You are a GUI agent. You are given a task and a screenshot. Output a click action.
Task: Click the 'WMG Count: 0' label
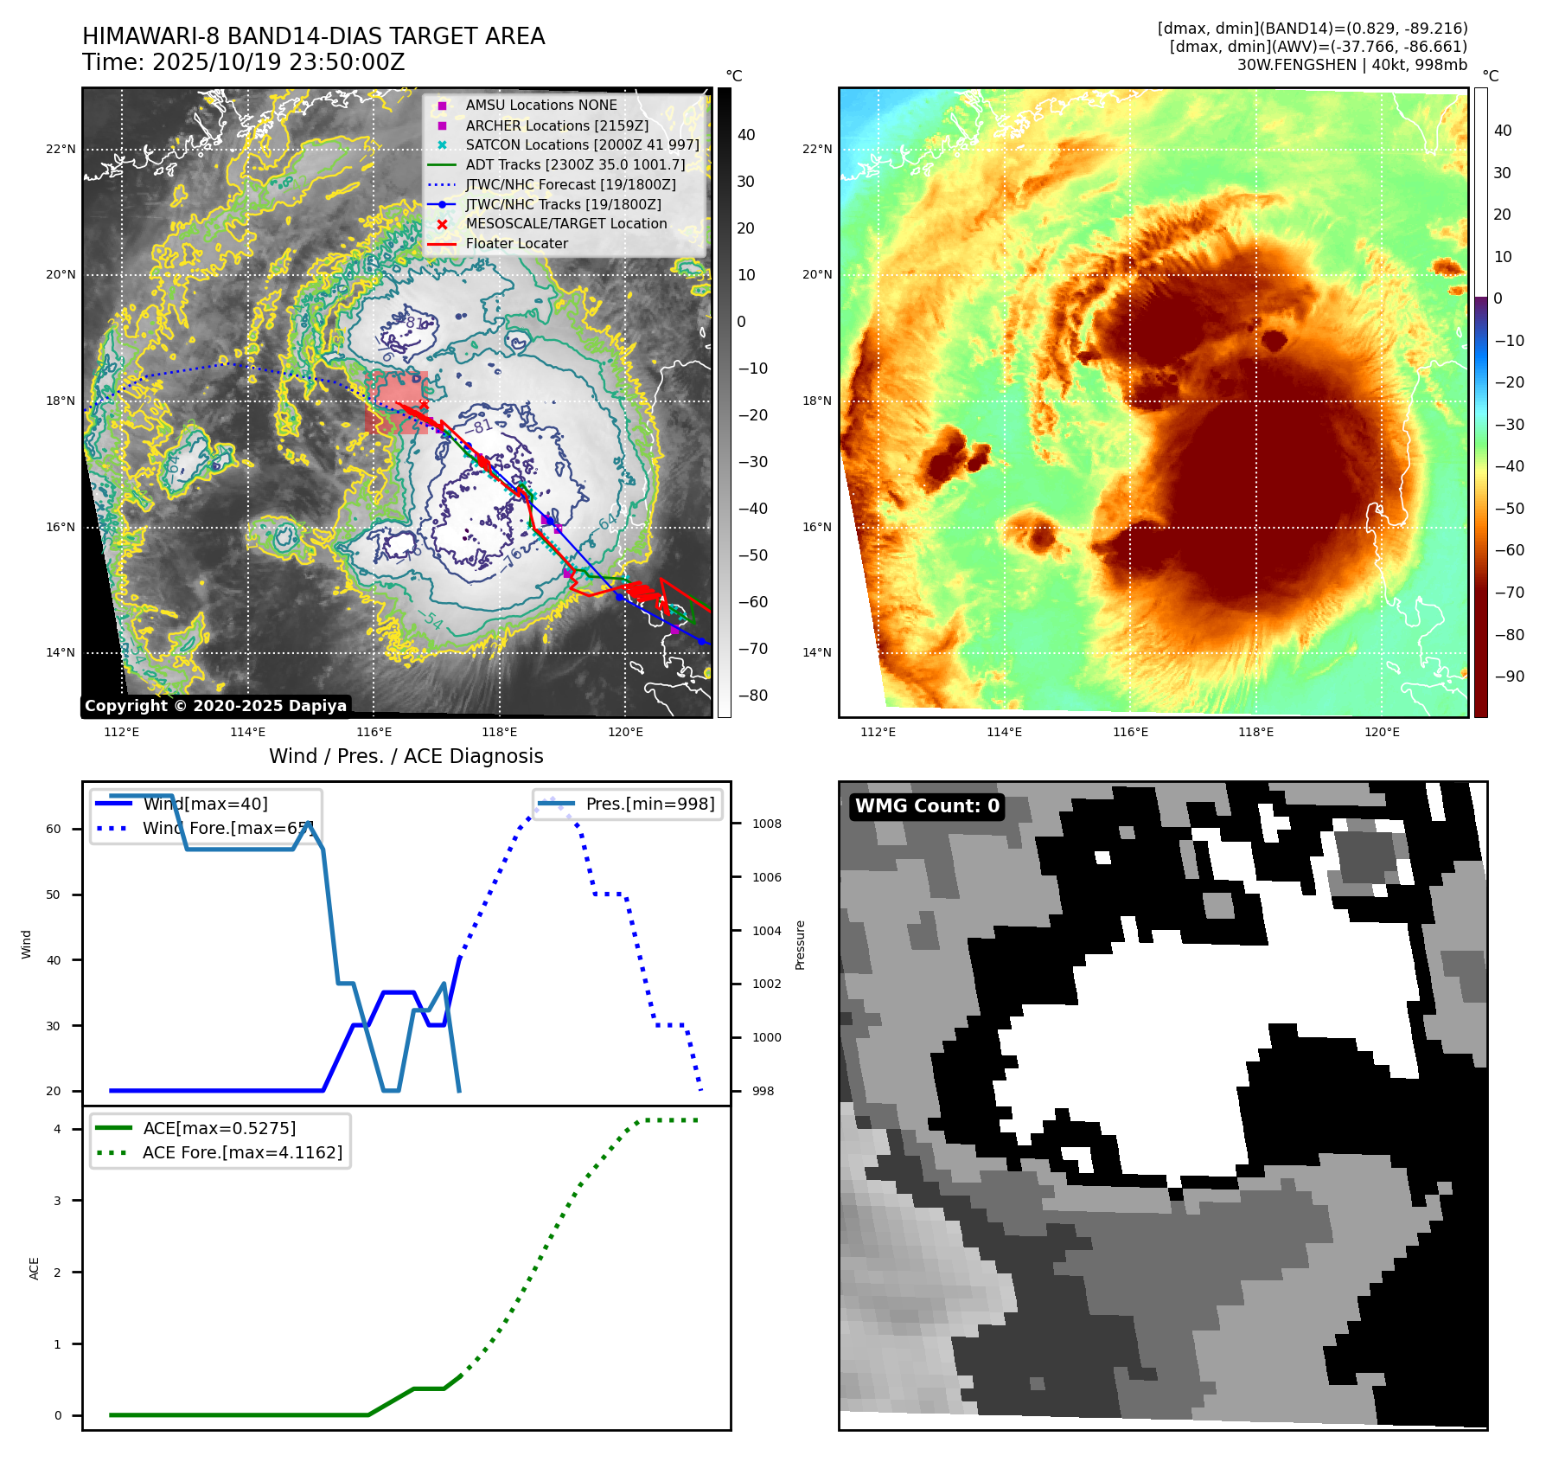pos(926,806)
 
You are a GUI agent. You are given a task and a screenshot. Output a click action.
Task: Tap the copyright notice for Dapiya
pos(215,706)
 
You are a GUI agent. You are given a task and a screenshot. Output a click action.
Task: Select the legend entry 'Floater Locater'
pos(516,244)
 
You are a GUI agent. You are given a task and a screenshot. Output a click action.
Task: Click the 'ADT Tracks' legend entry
pos(575,164)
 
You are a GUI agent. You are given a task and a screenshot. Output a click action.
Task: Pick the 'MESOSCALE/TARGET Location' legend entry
pos(565,224)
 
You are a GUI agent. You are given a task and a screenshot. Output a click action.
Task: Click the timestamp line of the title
pos(243,63)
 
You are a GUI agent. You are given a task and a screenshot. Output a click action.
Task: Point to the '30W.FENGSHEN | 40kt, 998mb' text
pos(1351,65)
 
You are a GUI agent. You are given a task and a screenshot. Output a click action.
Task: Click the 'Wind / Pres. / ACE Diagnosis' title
pos(406,756)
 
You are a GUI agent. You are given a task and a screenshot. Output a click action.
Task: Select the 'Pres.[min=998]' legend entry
pos(649,804)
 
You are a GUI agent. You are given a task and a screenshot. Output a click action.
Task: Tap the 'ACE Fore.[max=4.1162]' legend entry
pos(242,1152)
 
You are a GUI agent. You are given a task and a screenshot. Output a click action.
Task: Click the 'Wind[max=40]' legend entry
pos(205,804)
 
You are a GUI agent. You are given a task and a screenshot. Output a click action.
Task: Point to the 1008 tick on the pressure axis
pos(766,824)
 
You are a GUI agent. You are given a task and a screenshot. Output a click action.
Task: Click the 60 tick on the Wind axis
pos(54,829)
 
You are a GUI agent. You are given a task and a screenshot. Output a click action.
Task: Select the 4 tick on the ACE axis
pos(57,1129)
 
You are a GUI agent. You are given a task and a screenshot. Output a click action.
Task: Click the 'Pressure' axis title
pos(800,945)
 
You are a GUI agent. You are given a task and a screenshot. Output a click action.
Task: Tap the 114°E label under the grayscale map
pos(247,733)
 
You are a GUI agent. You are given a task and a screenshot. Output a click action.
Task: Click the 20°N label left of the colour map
pos(816,275)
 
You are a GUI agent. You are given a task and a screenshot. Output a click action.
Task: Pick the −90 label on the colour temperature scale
pos(1509,676)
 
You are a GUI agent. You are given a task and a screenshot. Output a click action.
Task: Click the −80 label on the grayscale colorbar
pos(752,696)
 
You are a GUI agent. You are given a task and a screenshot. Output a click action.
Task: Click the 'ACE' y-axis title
pos(35,1268)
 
